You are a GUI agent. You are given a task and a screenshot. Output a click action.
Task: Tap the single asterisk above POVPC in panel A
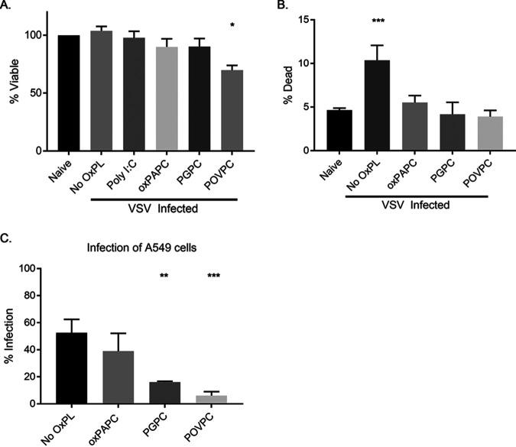click(x=232, y=27)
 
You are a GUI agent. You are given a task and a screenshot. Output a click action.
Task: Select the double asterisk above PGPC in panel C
click(x=165, y=276)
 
